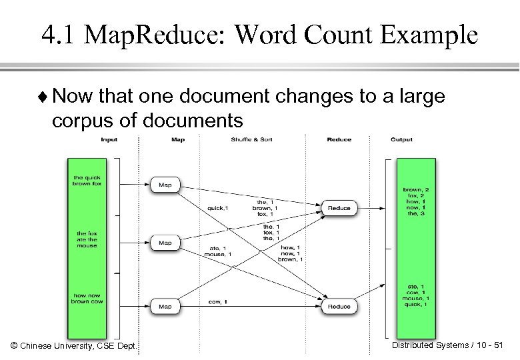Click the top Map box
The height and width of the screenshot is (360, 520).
click(x=165, y=185)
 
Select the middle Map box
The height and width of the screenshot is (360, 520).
click(x=165, y=243)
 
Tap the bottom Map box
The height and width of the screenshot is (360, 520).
click(x=165, y=307)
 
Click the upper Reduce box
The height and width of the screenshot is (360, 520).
click(x=339, y=208)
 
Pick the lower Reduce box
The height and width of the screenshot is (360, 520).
click(x=339, y=307)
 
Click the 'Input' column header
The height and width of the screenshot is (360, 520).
click(x=109, y=140)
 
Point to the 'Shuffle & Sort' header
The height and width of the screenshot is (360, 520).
click(x=251, y=140)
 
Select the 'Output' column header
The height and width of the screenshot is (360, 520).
click(x=401, y=140)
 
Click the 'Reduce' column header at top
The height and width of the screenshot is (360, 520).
click(x=339, y=140)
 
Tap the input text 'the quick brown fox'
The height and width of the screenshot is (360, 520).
click(x=87, y=180)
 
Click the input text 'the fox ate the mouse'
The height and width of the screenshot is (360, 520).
click(x=87, y=239)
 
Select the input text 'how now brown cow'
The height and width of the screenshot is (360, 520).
click(x=87, y=298)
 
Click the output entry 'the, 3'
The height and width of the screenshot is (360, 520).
click(x=411, y=213)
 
